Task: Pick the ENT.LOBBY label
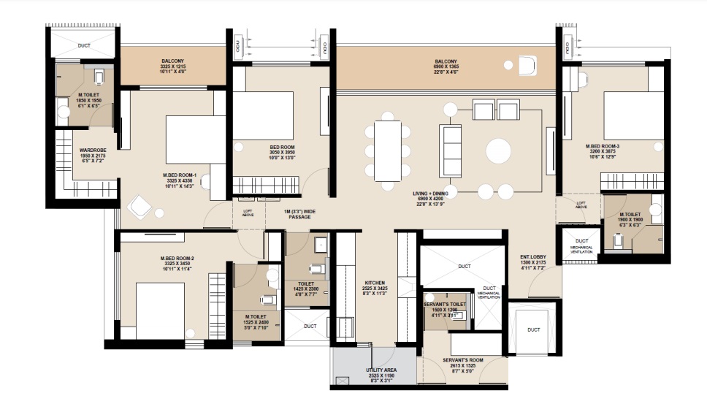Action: coord(534,257)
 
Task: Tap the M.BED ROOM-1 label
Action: coord(180,175)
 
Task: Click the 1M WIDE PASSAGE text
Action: coord(302,214)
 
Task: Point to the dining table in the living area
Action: coord(387,150)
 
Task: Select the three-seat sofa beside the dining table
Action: coord(450,150)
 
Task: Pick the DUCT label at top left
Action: coord(84,45)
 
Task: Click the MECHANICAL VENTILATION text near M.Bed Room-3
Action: coord(581,250)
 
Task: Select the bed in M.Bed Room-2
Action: coord(159,310)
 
